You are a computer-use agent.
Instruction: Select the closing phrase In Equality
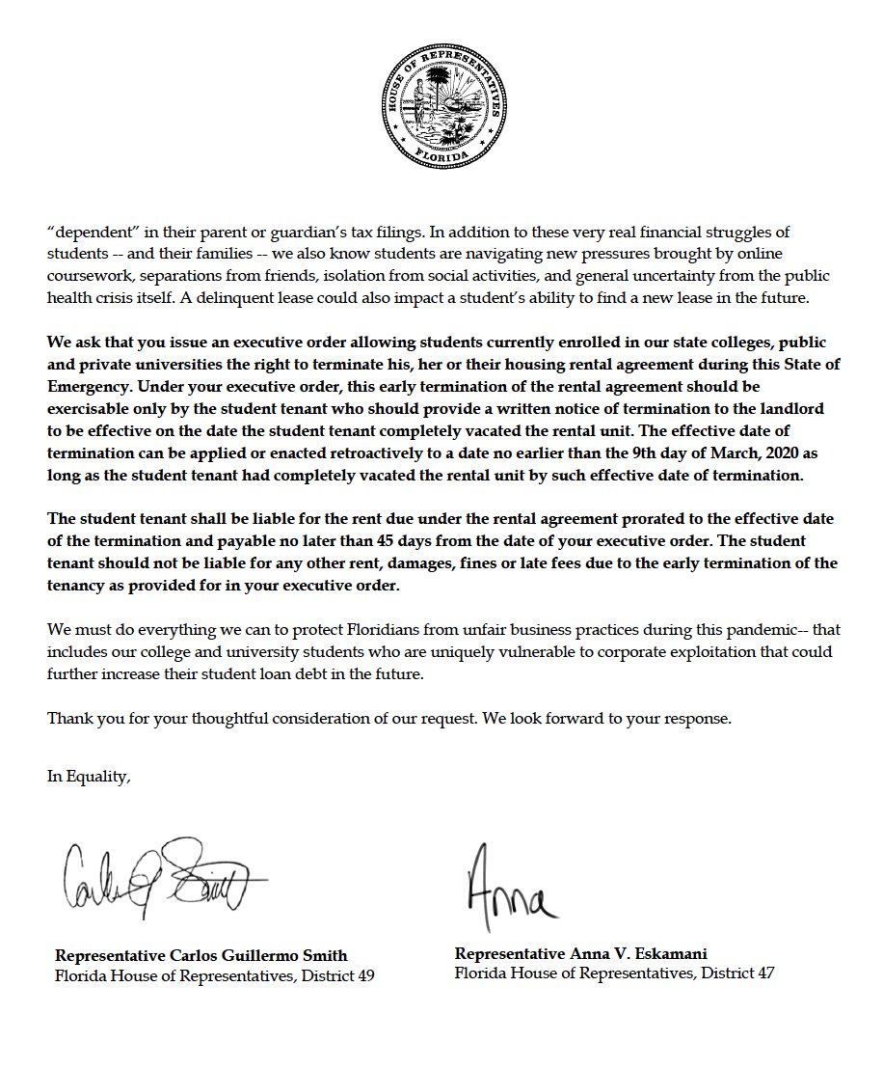pos(89,777)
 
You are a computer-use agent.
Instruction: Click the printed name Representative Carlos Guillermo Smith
pos(201,955)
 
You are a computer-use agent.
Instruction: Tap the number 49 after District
pos(364,975)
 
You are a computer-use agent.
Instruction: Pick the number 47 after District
pos(763,973)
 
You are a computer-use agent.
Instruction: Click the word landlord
pos(800,409)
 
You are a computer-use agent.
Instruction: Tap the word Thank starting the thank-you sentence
pos(68,719)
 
